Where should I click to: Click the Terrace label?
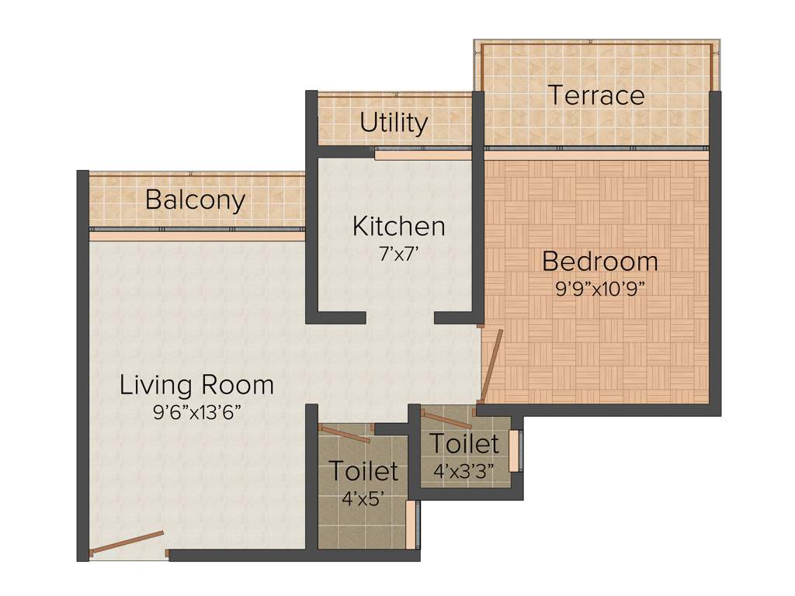596,95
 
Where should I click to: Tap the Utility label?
394,123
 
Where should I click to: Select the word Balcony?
195,200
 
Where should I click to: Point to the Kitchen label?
398,227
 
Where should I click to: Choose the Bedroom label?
599,262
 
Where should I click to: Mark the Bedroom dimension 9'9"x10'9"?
599,286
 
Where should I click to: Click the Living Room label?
196,385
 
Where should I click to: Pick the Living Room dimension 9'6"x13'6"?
196,411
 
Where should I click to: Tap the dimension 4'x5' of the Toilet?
363,497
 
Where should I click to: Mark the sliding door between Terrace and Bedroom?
596,147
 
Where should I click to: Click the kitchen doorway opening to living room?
400,317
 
